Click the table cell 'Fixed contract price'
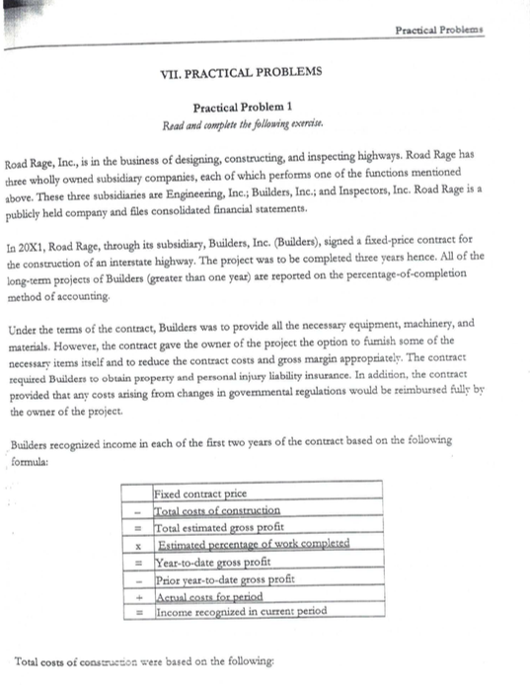tap(201, 493)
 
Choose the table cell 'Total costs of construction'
tap(218, 509)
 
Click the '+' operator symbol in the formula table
tap(140, 595)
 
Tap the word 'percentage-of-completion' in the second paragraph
tap(384, 257)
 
